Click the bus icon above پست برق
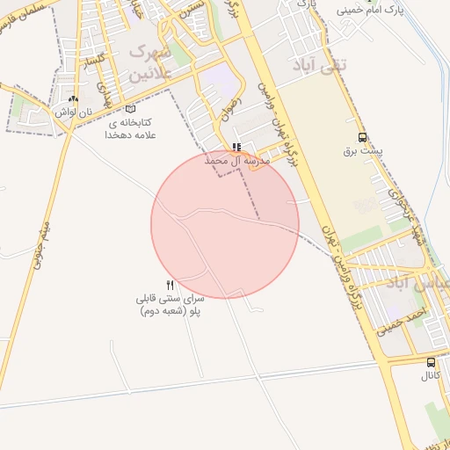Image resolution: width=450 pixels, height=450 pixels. click(x=362, y=137)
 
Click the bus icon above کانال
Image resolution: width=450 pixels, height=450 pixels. click(x=431, y=362)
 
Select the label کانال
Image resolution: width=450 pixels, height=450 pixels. click(x=430, y=376)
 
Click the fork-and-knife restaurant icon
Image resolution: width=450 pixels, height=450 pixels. click(x=170, y=285)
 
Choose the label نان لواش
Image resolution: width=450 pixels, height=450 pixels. click(x=72, y=112)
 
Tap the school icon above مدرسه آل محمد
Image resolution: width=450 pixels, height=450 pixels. click(x=236, y=147)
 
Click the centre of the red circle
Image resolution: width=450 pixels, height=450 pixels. click(x=225, y=225)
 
